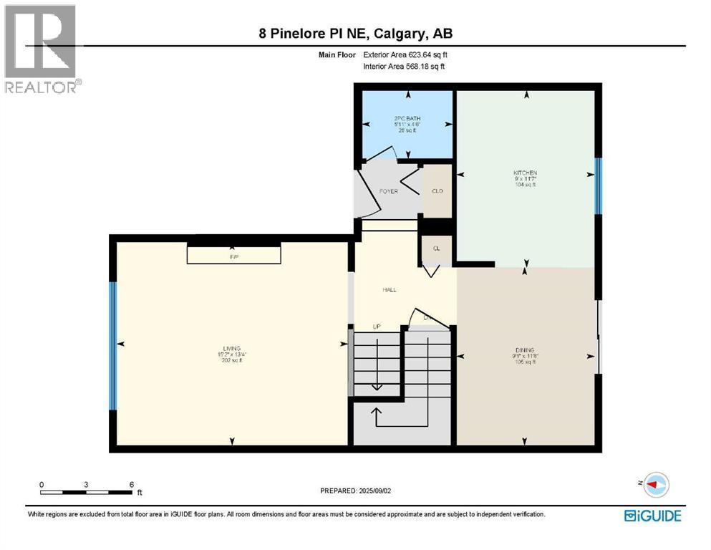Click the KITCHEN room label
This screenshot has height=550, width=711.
(524, 173)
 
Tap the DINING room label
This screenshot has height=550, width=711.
(524, 351)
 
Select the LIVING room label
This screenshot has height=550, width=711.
(231, 348)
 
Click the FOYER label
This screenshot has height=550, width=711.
(388, 191)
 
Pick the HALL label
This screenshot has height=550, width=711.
(389, 290)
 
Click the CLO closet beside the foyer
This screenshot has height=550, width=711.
(436, 191)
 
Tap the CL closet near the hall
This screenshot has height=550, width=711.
(435, 249)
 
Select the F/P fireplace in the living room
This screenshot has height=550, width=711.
(233, 254)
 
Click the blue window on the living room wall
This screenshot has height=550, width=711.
(112, 346)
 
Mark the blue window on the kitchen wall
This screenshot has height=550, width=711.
(599, 186)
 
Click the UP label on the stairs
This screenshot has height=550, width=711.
(377, 327)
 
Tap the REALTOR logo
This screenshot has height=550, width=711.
(41, 49)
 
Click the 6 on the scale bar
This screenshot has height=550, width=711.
(132, 485)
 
